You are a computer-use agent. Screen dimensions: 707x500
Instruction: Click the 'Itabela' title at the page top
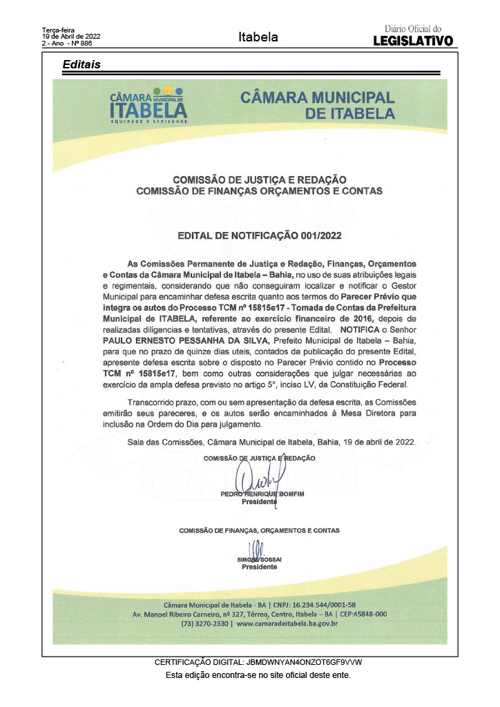[258, 37]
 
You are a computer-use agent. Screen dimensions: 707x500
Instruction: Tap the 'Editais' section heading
[81, 64]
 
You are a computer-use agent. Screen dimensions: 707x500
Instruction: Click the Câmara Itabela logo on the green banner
[148, 105]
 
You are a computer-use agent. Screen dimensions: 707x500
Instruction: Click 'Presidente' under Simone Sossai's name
[259, 567]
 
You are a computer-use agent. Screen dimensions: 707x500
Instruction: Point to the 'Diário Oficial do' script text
[413, 29]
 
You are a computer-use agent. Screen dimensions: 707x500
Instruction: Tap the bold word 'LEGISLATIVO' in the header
[413, 41]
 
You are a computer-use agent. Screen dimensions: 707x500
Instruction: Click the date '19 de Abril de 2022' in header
[72, 36]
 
